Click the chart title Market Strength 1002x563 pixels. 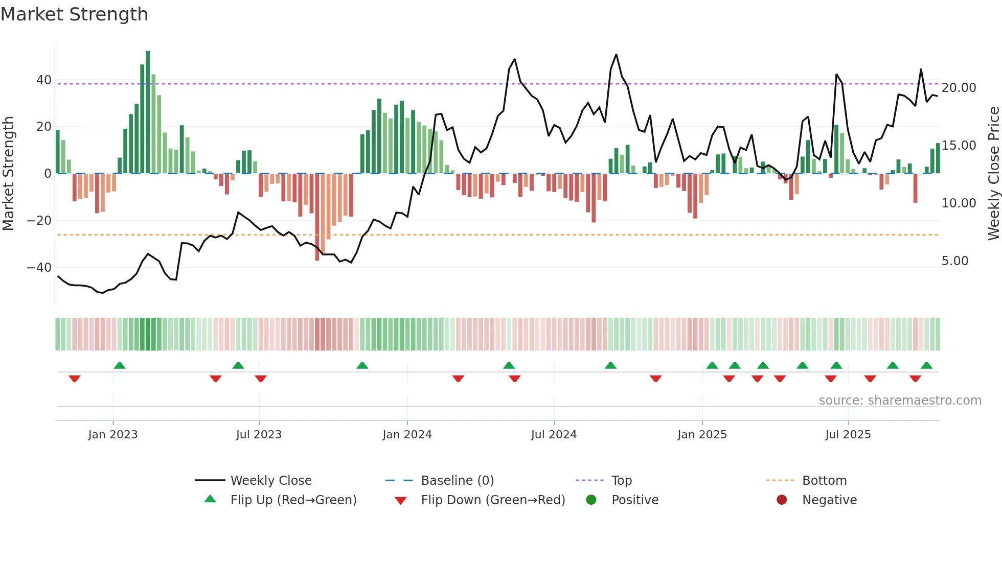coord(74,14)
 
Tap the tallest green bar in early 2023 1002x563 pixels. coord(148,112)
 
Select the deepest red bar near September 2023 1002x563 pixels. coord(317,217)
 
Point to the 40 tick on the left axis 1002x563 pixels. coord(44,80)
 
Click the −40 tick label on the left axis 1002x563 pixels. coord(39,268)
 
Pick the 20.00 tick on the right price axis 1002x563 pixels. coord(959,88)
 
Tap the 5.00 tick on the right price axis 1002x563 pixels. coord(954,261)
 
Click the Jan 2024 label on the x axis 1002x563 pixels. coord(407,435)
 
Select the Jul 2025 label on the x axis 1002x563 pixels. coord(848,435)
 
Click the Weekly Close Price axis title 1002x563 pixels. coord(993,174)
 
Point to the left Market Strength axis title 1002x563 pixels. coord(8,174)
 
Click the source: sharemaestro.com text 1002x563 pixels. coord(900,401)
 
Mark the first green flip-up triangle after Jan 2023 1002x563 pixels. coord(120,366)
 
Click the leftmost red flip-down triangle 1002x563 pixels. coord(75,379)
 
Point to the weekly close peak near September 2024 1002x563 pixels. coord(616,55)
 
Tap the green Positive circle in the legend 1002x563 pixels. coord(591,500)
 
